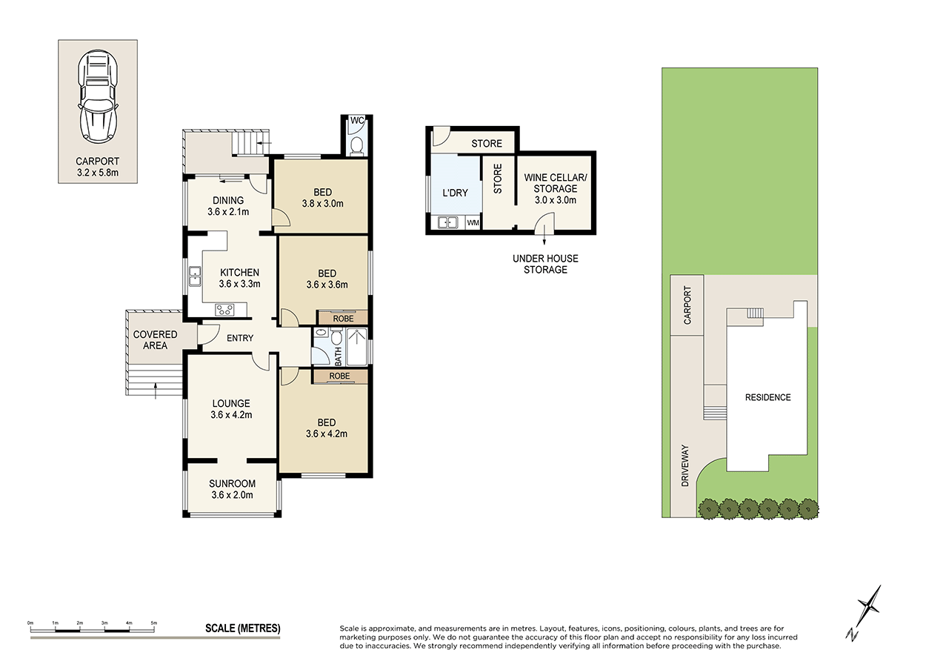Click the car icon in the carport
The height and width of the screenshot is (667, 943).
(x=99, y=96)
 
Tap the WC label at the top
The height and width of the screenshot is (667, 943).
(x=356, y=121)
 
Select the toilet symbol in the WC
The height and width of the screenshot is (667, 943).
(x=356, y=145)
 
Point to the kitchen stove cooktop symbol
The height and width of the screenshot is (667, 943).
(x=224, y=309)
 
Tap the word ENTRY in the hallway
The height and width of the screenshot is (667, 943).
(x=240, y=339)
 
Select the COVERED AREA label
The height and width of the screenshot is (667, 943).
(x=155, y=340)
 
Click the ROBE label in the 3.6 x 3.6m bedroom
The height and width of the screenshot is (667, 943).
(x=341, y=317)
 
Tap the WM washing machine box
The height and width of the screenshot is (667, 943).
(x=472, y=223)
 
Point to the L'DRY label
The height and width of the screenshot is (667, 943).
(x=455, y=193)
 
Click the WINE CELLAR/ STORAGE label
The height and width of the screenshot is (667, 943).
(x=550, y=183)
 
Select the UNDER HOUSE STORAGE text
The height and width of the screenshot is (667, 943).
(x=545, y=264)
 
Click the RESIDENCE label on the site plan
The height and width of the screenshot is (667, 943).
(x=767, y=397)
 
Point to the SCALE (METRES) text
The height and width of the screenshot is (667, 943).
(x=242, y=628)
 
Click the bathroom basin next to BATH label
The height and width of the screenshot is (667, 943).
(x=321, y=334)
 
